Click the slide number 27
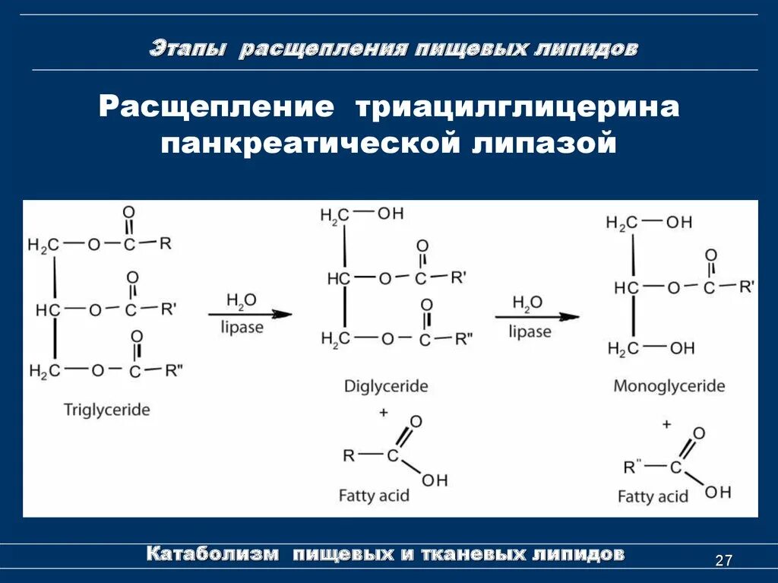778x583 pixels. (x=723, y=561)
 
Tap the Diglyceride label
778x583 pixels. (x=386, y=386)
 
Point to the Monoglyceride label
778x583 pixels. (x=669, y=386)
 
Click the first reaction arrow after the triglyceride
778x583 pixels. (x=250, y=313)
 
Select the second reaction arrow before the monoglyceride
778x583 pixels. (x=537, y=316)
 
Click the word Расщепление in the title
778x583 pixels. (x=217, y=106)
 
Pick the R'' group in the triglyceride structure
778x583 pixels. (x=174, y=370)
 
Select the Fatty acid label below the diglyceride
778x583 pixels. (x=374, y=496)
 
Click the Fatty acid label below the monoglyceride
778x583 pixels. (x=653, y=496)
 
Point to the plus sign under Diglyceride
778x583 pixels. (x=384, y=412)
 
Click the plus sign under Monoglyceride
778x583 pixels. (x=666, y=423)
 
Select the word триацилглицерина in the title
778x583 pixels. (x=514, y=106)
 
